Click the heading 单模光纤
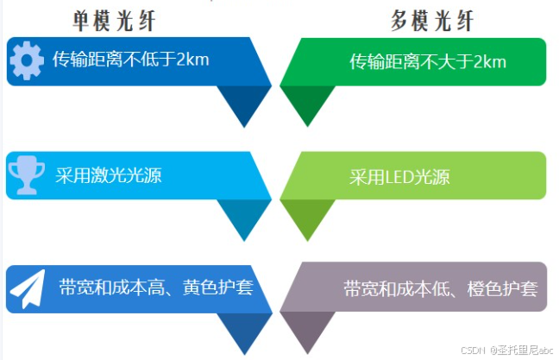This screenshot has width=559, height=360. [x=115, y=20]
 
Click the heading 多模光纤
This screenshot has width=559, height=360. [x=431, y=20]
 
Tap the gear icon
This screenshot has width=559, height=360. [x=27, y=60]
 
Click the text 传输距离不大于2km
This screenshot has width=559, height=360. [x=427, y=61]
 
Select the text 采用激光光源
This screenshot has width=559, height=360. [x=109, y=175]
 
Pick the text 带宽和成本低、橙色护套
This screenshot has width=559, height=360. [x=440, y=288]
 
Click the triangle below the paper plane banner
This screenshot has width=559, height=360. [x=241, y=331]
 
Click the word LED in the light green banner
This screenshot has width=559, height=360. [x=393, y=177]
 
